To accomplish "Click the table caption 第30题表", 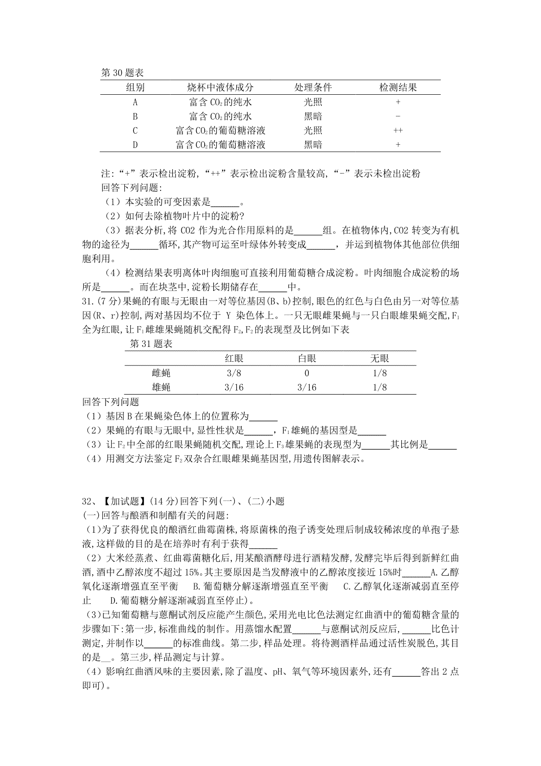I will coord(122,73).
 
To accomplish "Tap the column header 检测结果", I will coord(398,88).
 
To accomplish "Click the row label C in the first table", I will coord(135,131).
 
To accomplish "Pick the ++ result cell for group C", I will coord(398,131).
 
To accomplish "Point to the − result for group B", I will coord(398,116).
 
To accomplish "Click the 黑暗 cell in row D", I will coord(313,145).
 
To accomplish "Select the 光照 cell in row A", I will coord(313,102).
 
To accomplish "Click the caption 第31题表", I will coord(151,344).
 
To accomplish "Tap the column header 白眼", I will coord(307,359).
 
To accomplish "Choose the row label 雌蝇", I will coord(161,373).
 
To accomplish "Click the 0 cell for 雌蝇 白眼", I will coord(307,373).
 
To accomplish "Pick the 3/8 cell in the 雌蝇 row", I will coord(234,373).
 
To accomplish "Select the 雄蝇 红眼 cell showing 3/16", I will coord(234,387).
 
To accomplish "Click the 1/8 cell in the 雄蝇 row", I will coord(380,387).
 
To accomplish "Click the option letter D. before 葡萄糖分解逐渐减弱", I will coord(114,601).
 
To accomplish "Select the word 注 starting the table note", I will coord(105,174).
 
